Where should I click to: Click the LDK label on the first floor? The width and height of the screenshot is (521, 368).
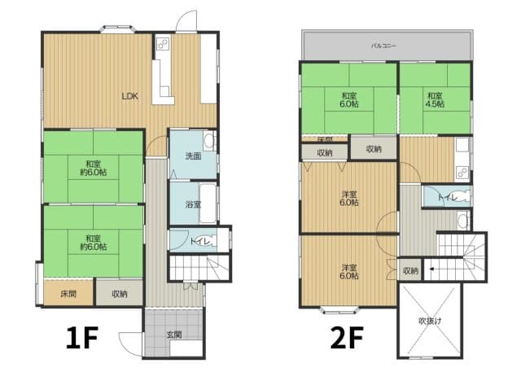click(x=130, y=96)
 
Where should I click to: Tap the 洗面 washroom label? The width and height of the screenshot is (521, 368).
click(x=192, y=156)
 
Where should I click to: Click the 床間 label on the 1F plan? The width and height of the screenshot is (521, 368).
click(x=69, y=293)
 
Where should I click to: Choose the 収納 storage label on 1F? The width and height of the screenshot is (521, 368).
click(x=119, y=293)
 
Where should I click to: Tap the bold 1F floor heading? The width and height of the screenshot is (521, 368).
click(x=83, y=337)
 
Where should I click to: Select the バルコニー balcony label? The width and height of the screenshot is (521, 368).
click(x=383, y=46)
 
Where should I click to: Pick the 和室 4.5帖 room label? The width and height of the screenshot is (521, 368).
click(x=435, y=99)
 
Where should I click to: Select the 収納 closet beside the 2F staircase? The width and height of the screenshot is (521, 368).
click(x=410, y=270)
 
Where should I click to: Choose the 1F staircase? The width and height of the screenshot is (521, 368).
click(x=199, y=267)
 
